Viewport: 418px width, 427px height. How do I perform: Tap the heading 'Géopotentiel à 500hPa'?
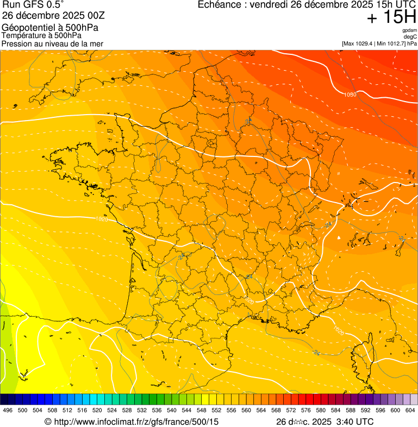(x=50, y=28)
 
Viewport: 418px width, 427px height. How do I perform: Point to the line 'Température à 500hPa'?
(x=41, y=35)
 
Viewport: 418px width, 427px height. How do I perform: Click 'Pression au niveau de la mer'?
(x=52, y=43)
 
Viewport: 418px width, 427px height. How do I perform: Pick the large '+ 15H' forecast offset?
(x=391, y=17)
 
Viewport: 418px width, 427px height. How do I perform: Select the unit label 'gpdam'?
(x=410, y=30)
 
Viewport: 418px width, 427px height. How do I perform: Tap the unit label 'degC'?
(x=411, y=37)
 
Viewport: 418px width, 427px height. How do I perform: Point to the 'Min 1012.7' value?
(x=391, y=43)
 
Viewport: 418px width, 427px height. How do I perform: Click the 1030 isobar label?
(x=350, y=95)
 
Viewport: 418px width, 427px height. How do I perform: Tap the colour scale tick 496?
(x=8, y=410)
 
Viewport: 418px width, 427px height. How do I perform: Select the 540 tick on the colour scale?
(x=171, y=410)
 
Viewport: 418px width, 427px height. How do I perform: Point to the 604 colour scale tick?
(x=410, y=410)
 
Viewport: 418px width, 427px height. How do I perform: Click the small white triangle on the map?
(x=339, y=237)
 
